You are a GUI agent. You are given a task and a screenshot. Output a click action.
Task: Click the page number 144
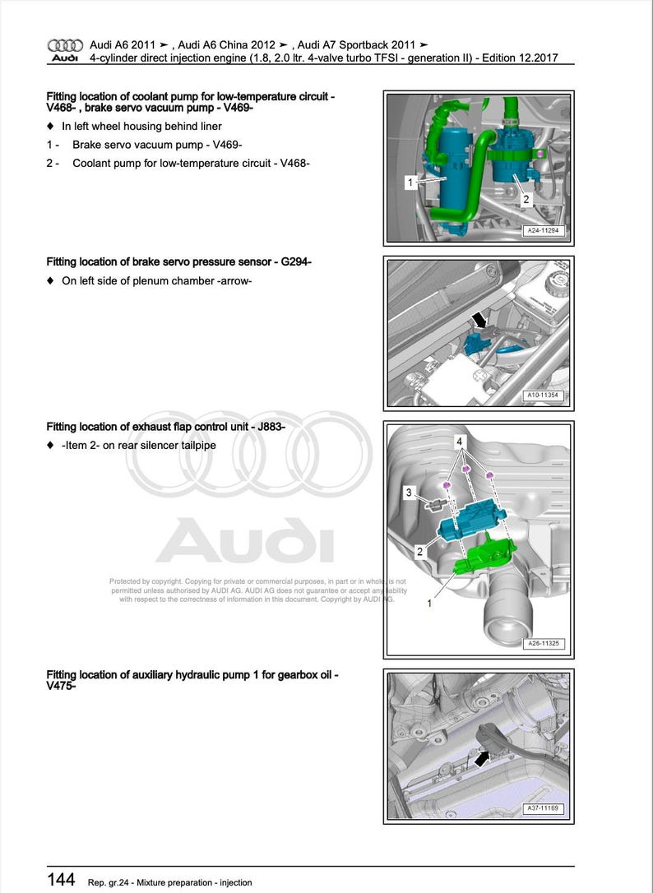(x=62, y=880)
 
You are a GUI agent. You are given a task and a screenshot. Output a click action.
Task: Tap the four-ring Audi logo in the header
(x=65, y=44)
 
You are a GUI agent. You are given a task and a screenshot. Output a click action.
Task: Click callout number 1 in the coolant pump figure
(x=410, y=182)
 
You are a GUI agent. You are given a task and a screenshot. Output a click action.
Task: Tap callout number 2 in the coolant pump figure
(x=526, y=199)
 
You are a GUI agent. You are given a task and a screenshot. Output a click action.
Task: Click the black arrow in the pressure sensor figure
(x=477, y=319)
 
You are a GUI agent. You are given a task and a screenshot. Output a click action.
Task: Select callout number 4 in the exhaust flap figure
(x=458, y=442)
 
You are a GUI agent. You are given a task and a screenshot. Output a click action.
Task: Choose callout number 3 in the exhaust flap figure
(x=408, y=492)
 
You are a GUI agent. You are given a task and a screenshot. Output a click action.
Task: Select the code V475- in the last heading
(x=62, y=686)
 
